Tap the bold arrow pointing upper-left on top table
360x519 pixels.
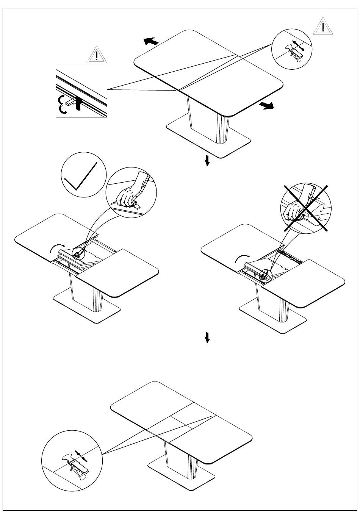151,41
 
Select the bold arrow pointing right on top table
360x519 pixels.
267,106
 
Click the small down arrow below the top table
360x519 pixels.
207,161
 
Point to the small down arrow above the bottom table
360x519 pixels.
207,337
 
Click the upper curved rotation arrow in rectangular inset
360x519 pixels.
61,100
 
